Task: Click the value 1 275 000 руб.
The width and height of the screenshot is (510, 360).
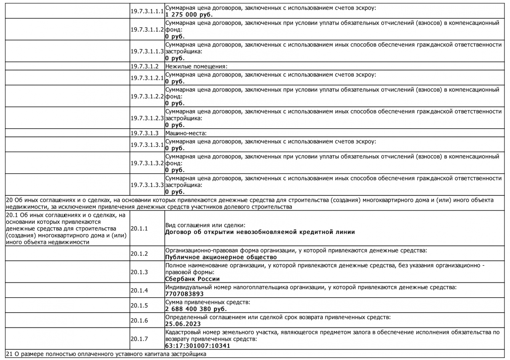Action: [189, 15]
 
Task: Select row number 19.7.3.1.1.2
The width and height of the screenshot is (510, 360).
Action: [147, 29]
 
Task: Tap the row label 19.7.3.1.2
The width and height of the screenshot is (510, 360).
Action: [144, 66]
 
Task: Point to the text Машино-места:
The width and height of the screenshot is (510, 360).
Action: [186, 133]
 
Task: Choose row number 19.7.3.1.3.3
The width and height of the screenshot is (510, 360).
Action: [147, 185]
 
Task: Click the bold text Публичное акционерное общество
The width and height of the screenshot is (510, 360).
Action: [221, 257]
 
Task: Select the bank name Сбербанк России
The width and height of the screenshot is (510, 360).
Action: [192, 279]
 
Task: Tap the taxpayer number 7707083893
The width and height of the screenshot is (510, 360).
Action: [184, 294]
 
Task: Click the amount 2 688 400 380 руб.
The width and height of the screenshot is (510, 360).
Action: [196, 309]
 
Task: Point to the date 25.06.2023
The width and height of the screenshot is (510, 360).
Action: [183, 324]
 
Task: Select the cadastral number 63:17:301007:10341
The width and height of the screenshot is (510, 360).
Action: [197, 346]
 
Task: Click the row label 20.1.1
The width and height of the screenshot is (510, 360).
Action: [139, 229]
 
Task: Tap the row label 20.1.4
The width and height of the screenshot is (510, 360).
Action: [139, 291]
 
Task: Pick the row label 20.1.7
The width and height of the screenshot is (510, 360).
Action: [139, 339]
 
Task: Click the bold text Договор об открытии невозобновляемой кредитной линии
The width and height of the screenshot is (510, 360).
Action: [260, 232]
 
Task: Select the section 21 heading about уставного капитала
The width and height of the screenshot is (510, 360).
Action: [106, 354]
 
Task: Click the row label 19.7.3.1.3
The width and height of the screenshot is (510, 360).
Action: [144, 133]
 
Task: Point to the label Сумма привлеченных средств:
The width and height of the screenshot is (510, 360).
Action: [207, 302]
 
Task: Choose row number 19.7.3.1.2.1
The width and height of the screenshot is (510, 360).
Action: [147, 78]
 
